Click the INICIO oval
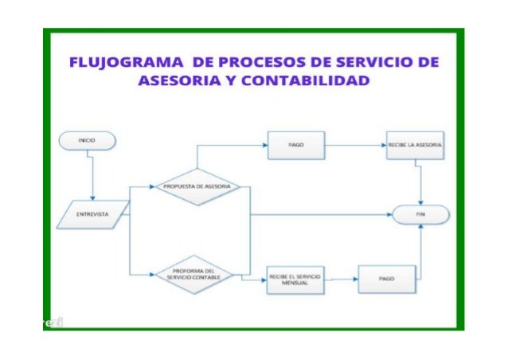[x=87, y=140]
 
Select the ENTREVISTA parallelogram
[x=94, y=214]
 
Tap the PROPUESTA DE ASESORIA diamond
[x=197, y=187]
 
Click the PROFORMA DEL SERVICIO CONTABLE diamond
[x=196, y=276]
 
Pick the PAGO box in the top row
[x=294, y=146]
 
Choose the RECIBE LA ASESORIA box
[x=415, y=146]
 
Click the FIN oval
[x=421, y=214]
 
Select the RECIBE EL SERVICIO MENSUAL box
[x=295, y=280]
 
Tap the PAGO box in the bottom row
[x=386, y=280]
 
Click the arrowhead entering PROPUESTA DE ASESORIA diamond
[x=152, y=187]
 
